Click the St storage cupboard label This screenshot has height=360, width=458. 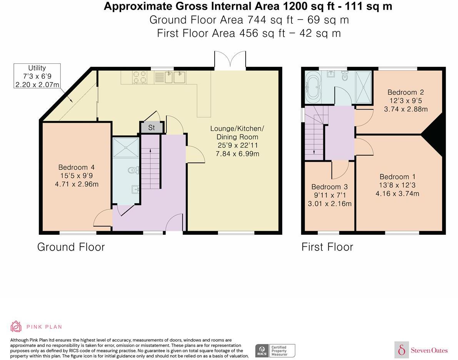pyautogui.click(x=151, y=128)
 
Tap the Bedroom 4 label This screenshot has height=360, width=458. pyautogui.click(x=77, y=168)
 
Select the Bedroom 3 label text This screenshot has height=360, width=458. pyautogui.click(x=330, y=187)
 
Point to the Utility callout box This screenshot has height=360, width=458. pyautogui.click(x=37, y=76)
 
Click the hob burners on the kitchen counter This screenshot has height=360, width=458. pyautogui.click(x=139, y=77)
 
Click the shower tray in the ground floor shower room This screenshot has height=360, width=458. pyautogui.click(x=126, y=148)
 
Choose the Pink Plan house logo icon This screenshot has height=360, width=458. pyautogui.click(x=16, y=327)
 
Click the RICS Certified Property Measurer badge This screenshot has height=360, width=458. pyautogui.click(x=275, y=351)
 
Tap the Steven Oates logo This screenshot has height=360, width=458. pyautogui.click(x=421, y=350)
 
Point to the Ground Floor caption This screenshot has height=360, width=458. pyautogui.click(x=71, y=247)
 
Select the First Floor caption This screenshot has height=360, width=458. pyautogui.click(x=327, y=247)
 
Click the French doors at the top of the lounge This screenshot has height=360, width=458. pyautogui.click(x=230, y=60)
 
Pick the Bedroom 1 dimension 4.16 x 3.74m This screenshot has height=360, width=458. pyautogui.click(x=397, y=193)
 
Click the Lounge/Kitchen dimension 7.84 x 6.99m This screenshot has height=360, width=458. pyautogui.click(x=238, y=154)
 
